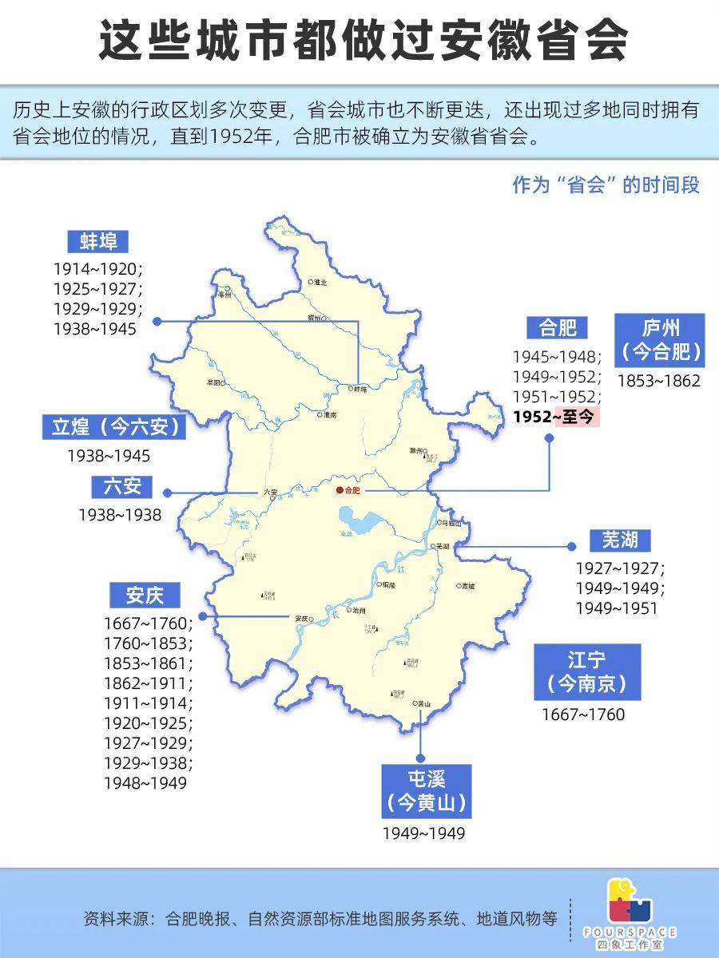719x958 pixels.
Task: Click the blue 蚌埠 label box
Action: [x=98, y=242]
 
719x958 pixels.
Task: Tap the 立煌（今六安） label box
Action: [x=114, y=427]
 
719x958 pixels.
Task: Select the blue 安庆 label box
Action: [x=143, y=595]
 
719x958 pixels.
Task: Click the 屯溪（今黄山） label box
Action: [x=426, y=791]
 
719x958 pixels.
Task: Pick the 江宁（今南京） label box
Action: [x=587, y=671]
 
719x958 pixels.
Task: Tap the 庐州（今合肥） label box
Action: [x=660, y=339]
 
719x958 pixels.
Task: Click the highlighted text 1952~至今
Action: [x=556, y=416]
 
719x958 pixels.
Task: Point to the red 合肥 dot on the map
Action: [x=339, y=490]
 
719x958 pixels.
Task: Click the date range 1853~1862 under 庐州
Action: [x=658, y=381]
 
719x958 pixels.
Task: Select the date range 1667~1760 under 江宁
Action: [x=583, y=714]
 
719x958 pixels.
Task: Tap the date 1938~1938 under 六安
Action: [x=120, y=515]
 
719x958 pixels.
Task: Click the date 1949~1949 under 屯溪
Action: [x=423, y=833]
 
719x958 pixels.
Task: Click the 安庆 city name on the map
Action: [x=301, y=618]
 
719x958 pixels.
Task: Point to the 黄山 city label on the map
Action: [x=423, y=704]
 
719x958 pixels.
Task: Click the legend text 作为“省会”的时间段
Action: [x=606, y=185]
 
